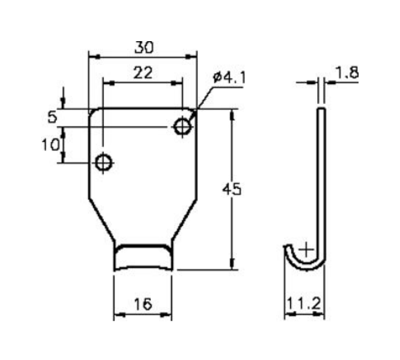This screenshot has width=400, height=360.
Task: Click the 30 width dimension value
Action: (143, 47)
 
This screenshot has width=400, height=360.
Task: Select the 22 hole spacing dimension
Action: (142, 73)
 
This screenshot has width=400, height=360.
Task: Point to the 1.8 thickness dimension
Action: (346, 72)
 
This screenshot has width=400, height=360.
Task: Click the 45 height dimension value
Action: (231, 189)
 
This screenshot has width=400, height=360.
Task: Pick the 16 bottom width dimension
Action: (143, 305)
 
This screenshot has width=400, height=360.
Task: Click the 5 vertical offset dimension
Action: (53, 117)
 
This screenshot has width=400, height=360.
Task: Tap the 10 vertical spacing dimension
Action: (50, 145)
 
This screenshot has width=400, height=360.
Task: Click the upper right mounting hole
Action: (182, 126)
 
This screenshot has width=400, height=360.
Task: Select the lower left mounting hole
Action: (103, 163)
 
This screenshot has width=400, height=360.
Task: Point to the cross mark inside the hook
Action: (307, 249)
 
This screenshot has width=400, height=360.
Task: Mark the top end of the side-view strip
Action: (322, 109)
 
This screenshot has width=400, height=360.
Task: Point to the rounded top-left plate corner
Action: (93, 112)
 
